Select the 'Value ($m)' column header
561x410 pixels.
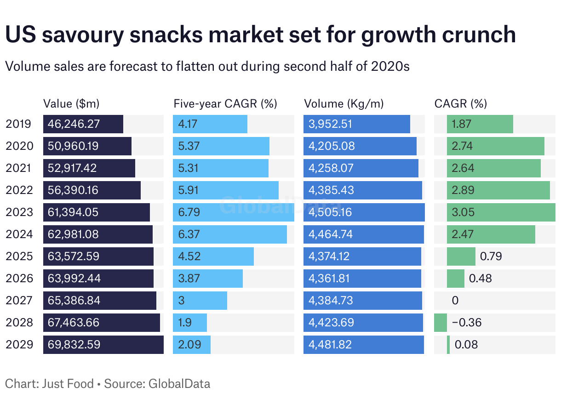point(71,103)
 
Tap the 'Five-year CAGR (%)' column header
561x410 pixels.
point(225,103)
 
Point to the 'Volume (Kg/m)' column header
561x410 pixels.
point(344,103)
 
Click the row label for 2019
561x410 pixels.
point(19,124)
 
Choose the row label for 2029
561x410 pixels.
point(19,345)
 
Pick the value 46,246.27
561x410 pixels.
point(74,124)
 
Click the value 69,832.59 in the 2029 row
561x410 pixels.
point(74,345)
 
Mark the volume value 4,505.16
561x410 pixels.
point(332,212)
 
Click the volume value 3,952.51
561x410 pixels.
point(332,124)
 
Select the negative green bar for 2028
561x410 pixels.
point(441,323)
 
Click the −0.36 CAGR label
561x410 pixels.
point(467,323)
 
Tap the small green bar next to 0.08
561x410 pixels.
point(448,345)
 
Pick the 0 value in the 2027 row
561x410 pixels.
point(455,301)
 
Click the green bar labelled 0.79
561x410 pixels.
point(461,256)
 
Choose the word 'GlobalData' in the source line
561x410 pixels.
point(179,384)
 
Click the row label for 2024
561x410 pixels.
point(19,234)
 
